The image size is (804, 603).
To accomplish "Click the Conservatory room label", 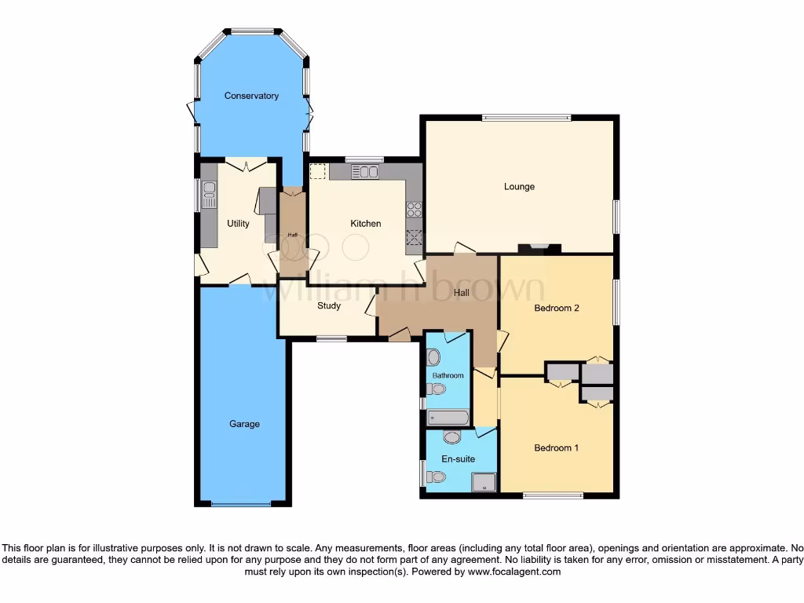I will (x=251, y=96).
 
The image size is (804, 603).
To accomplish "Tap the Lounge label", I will (x=519, y=187).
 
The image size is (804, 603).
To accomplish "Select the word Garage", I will (x=244, y=424).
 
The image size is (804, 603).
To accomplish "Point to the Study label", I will (x=329, y=305).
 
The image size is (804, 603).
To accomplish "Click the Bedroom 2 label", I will (x=556, y=308).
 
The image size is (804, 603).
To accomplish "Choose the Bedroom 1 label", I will (x=556, y=448).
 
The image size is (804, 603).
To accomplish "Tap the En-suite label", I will (x=459, y=459).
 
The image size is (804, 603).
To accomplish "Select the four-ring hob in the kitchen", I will (x=414, y=210).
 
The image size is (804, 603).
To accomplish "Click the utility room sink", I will (x=209, y=195).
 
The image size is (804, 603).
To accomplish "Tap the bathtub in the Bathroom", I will (x=448, y=417).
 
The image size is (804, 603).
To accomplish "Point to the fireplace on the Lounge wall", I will (x=540, y=249).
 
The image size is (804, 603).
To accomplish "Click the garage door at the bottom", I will (x=244, y=504).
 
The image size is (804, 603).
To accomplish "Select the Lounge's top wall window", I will (x=525, y=118).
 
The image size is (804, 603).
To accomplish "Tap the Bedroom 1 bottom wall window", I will (x=554, y=495).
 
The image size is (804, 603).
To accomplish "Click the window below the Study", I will (x=331, y=339).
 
